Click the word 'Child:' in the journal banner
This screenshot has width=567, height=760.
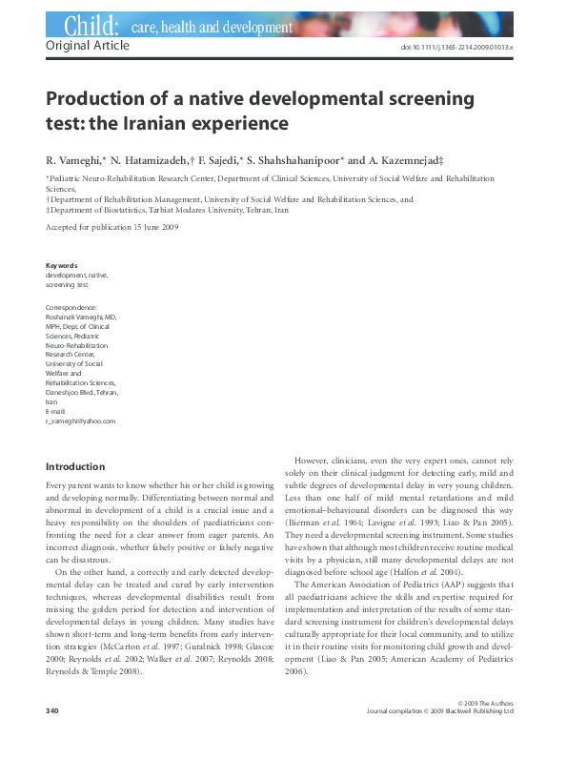90,26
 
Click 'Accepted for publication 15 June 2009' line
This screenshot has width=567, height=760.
111,227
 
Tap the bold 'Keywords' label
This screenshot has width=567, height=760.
61,265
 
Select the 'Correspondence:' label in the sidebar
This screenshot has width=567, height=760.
71,307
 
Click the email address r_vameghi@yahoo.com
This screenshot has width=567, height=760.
80,421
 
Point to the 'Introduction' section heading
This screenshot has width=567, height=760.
75,467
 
